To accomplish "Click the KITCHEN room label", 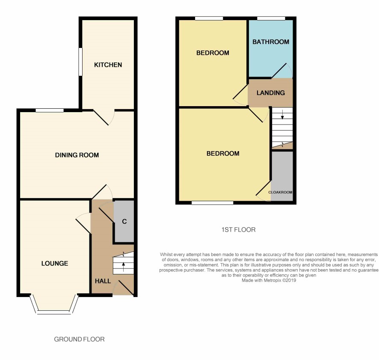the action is pyautogui.click(x=108, y=65).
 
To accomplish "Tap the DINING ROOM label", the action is pyautogui.click(x=77, y=155).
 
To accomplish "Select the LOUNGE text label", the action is pyautogui.click(x=55, y=263).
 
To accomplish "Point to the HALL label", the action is pyautogui.click(x=103, y=281).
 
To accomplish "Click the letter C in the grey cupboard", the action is pyautogui.click(x=124, y=221).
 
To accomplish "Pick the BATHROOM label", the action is pyautogui.click(x=271, y=42).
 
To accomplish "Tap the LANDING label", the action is pyautogui.click(x=271, y=92).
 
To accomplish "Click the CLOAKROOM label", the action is pyautogui.click(x=280, y=192).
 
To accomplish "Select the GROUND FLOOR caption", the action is pyautogui.click(x=79, y=339).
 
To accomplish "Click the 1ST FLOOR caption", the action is pyautogui.click(x=238, y=229).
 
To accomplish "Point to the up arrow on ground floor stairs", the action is pyautogui.click(x=124, y=267).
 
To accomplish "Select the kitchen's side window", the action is pyautogui.click(x=80, y=62).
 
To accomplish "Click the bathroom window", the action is pyautogui.click(x=271, y=18).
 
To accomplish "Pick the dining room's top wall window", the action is pyautogui.click(x=50, y=110).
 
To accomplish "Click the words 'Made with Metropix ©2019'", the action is pyautogui.click(x=269, y=280).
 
